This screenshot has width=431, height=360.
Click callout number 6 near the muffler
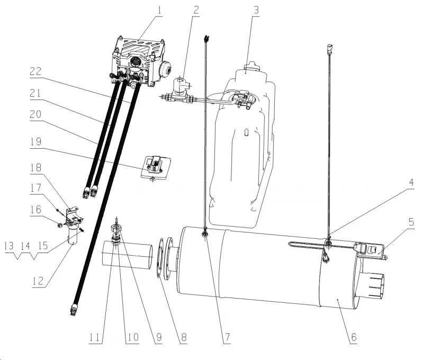353,337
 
